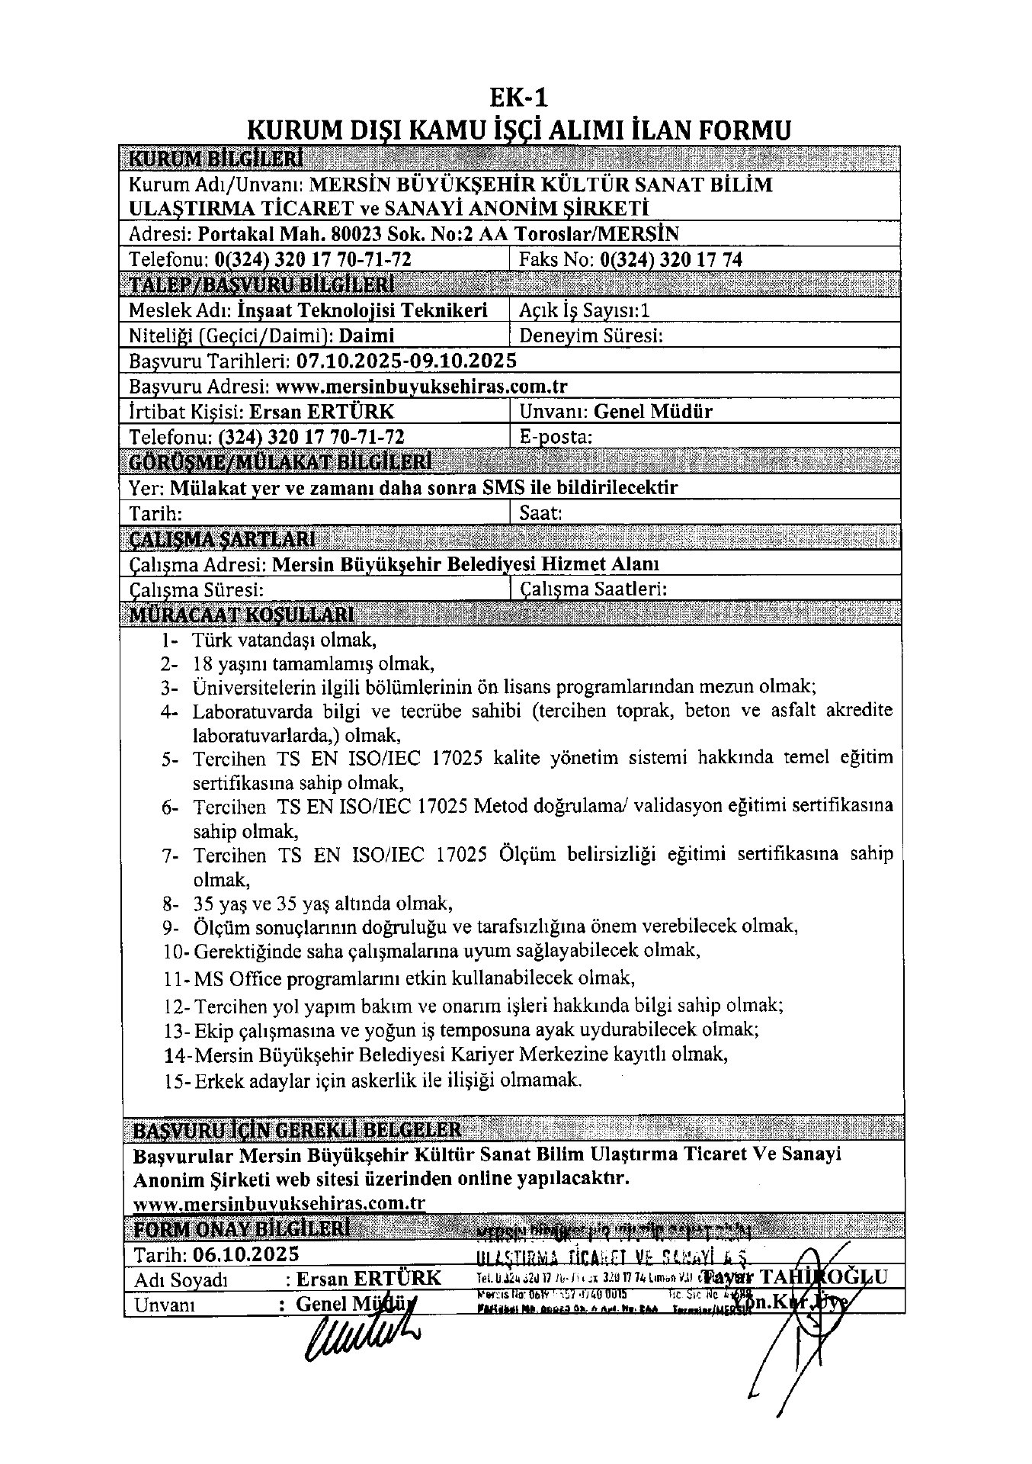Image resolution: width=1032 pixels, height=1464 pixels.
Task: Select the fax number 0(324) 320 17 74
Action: click(x=671, y=259)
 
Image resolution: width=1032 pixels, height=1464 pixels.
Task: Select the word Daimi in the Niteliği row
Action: click(x=367, y=335)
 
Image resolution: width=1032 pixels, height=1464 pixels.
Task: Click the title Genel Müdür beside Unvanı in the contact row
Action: click(x=653, y=412)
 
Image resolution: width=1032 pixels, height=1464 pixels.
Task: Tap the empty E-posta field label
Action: click(x=556, y=437)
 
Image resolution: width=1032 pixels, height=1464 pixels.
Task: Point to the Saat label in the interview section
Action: click(x=540, y=513)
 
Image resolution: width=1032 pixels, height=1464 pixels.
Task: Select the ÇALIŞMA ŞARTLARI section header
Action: click(x=222, y=539)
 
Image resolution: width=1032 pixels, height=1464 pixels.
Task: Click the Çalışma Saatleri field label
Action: click(x=594, y=589)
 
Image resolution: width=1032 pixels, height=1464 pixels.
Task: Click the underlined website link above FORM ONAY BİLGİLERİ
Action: click(x=278, y=1204)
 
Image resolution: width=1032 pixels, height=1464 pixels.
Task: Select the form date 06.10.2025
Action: click(x=246, y=1254)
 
